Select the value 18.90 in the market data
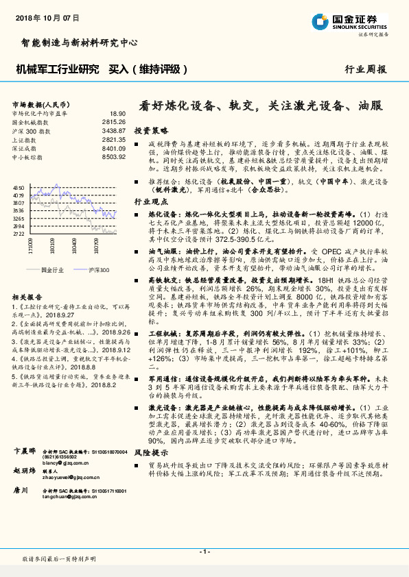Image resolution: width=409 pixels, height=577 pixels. click(117, 113)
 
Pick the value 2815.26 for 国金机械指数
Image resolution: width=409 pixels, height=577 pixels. click(113, 121)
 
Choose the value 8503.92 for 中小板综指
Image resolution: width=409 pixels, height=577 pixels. click(113, 156)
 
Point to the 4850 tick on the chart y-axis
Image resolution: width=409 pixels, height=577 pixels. click(19, 186)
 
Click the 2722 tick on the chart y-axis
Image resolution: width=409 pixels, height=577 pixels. click(19, 234)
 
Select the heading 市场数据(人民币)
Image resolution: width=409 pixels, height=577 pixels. click(39, 104)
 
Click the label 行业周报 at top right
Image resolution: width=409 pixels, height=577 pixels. click(365, 69)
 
